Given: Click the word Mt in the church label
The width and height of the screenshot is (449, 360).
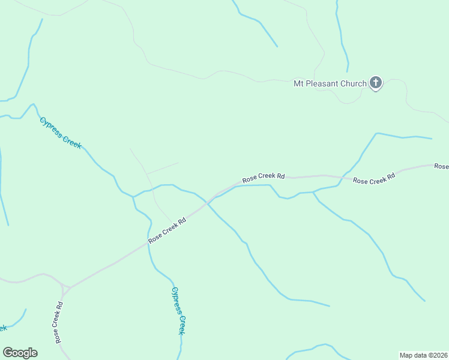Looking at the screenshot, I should [299, 83].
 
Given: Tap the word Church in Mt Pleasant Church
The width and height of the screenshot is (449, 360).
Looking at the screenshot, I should [353, 83].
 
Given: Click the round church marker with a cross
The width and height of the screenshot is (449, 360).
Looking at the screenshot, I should [376, 83].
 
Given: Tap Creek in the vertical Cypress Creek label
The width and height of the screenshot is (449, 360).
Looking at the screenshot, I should [181, 325].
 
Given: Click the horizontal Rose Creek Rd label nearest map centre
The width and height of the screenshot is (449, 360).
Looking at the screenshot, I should [264, 178].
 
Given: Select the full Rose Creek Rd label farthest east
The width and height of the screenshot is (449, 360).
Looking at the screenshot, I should [374, 179].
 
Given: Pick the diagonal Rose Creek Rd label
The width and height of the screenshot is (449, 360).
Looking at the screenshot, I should [167, 229].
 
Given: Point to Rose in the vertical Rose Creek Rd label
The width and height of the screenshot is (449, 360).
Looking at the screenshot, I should [58, 336].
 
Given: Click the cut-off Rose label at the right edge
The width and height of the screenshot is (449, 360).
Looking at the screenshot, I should [441, 166].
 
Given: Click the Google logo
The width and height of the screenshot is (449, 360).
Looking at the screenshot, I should [20, 353].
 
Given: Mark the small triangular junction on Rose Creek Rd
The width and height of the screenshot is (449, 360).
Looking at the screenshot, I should [65, 287].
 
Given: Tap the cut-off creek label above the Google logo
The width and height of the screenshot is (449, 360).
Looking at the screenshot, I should [3, 328].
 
